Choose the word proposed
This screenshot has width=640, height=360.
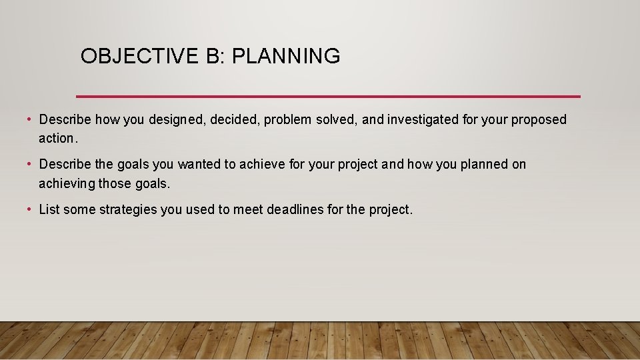(x=539, y=120)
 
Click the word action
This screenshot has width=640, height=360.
(x=58, y=138)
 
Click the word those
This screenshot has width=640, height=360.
(x=115, y=183)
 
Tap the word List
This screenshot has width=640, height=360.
(x=49, y=209)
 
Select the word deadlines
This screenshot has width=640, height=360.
(x=296, y=209)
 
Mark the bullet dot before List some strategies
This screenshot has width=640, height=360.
(x=30, y=209)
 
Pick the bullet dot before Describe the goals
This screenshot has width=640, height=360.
(x=30, y=164)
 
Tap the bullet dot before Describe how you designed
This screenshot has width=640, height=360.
(x=30, y=120)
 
